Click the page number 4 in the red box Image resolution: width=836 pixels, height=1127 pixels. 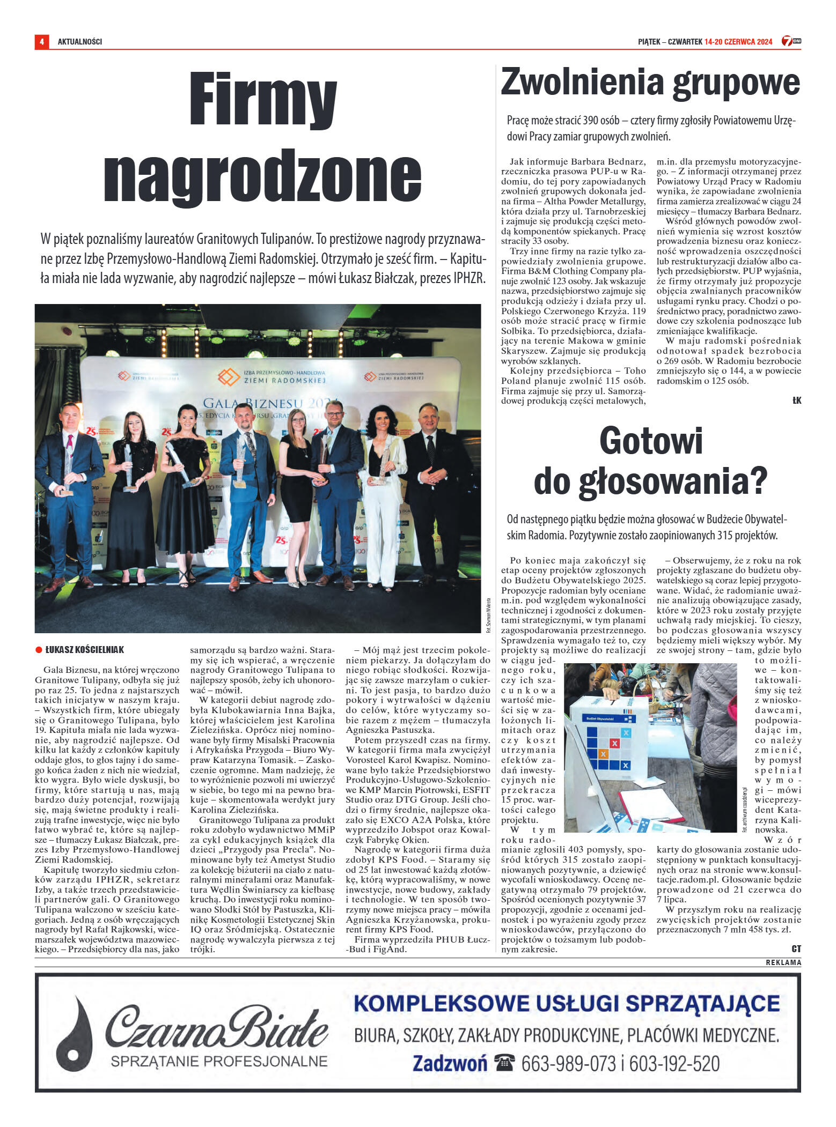[41, 41]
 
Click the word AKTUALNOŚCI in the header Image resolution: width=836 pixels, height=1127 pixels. [79, 42]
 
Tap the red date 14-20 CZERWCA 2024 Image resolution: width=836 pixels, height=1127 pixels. [738, 42]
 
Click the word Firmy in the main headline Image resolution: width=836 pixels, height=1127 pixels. [263, 101]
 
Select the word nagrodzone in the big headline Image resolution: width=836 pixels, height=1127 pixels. [262, 175]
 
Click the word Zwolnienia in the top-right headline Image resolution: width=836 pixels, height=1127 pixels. [582, 82]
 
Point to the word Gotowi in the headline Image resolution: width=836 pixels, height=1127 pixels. [651, 441]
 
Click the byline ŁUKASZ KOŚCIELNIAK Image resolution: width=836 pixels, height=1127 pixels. [84, 650]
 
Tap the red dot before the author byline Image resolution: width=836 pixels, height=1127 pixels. [39, 650]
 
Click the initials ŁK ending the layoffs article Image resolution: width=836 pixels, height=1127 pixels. [796, 401]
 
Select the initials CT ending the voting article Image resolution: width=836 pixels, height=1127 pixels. [796, 948]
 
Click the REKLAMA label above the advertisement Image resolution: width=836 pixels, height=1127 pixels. [783, 962]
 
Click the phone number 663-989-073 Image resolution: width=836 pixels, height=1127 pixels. [568, 1063]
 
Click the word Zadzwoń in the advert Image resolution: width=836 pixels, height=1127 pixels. [450, 1063]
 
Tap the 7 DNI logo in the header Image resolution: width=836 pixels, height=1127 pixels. [790, 41]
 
